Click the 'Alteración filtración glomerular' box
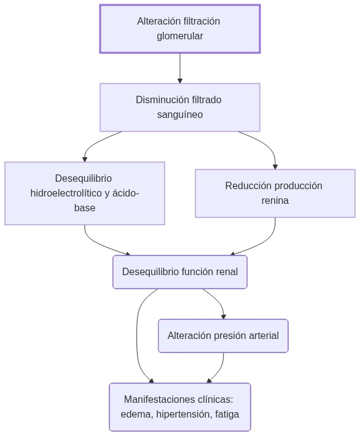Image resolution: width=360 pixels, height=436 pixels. pyautogui.click(x=179, y=29)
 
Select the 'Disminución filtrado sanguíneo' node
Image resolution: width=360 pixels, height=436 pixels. pyautogui.click(x=179, y=107)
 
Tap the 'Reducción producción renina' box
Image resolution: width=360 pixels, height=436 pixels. pyautogui.click(x=275, y=193)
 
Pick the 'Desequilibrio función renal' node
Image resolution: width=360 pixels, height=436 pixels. pyautogui.click(x=179, y=272)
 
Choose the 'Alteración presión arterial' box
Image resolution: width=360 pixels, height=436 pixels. pyautogui.click(x=222, y=336)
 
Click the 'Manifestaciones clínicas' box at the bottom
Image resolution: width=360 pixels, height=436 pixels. pyautogui.click(x=179, y=407)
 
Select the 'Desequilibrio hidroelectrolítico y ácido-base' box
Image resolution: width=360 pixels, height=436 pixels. pyautogui.click(x=84, y=193)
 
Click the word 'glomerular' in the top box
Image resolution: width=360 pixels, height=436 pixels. pyautogui.click(x=179, y=36)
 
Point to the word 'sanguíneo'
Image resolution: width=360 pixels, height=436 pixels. pyautogui.click(x=179, y=115)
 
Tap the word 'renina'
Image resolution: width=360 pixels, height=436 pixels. pyautogui.click(x=275, y=201)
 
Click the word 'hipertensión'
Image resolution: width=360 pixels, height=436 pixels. pyautogui.click(x=182, y=415)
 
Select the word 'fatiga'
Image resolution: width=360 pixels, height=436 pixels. pyautogui.click(x=227, y=415)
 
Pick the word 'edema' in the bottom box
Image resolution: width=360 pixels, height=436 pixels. pyautogui.click(x=135, y=415)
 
